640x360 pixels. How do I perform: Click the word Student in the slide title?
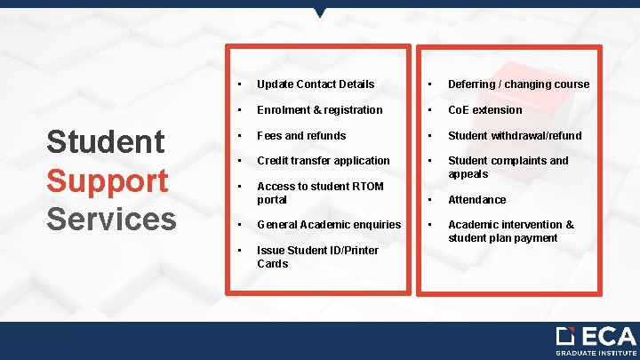pyautogui.click(x=106, y=142)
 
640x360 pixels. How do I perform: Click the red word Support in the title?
pyautogui.click(x=108, y=180)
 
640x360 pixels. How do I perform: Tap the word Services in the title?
pyautogui.click(x=111, y=218)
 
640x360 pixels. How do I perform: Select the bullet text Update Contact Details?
pyautogui.click(x=316, y=84)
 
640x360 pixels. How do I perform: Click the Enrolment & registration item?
pyautogui.click(x=319, y=110)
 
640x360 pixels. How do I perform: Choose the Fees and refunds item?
pyautogui.click(x=301, y=136)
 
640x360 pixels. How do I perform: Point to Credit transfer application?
pyautogui.click(x=323, y=161)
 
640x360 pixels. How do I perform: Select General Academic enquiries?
pyautogui.click(x=329, y=225)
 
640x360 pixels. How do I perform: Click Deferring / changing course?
pyautogui.click(x=518, y=84)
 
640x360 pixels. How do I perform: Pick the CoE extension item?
pyautogui.click(x=484, y=110)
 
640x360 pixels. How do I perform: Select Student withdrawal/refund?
pyautogui.click(x=515, y=136)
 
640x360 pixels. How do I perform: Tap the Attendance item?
pyautogui.click(x=476, y=200)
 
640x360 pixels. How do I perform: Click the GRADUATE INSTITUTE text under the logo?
pyautogui.click(x=596, y=353)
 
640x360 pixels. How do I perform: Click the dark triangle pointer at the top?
pyautogui.click(x=320, y=12)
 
